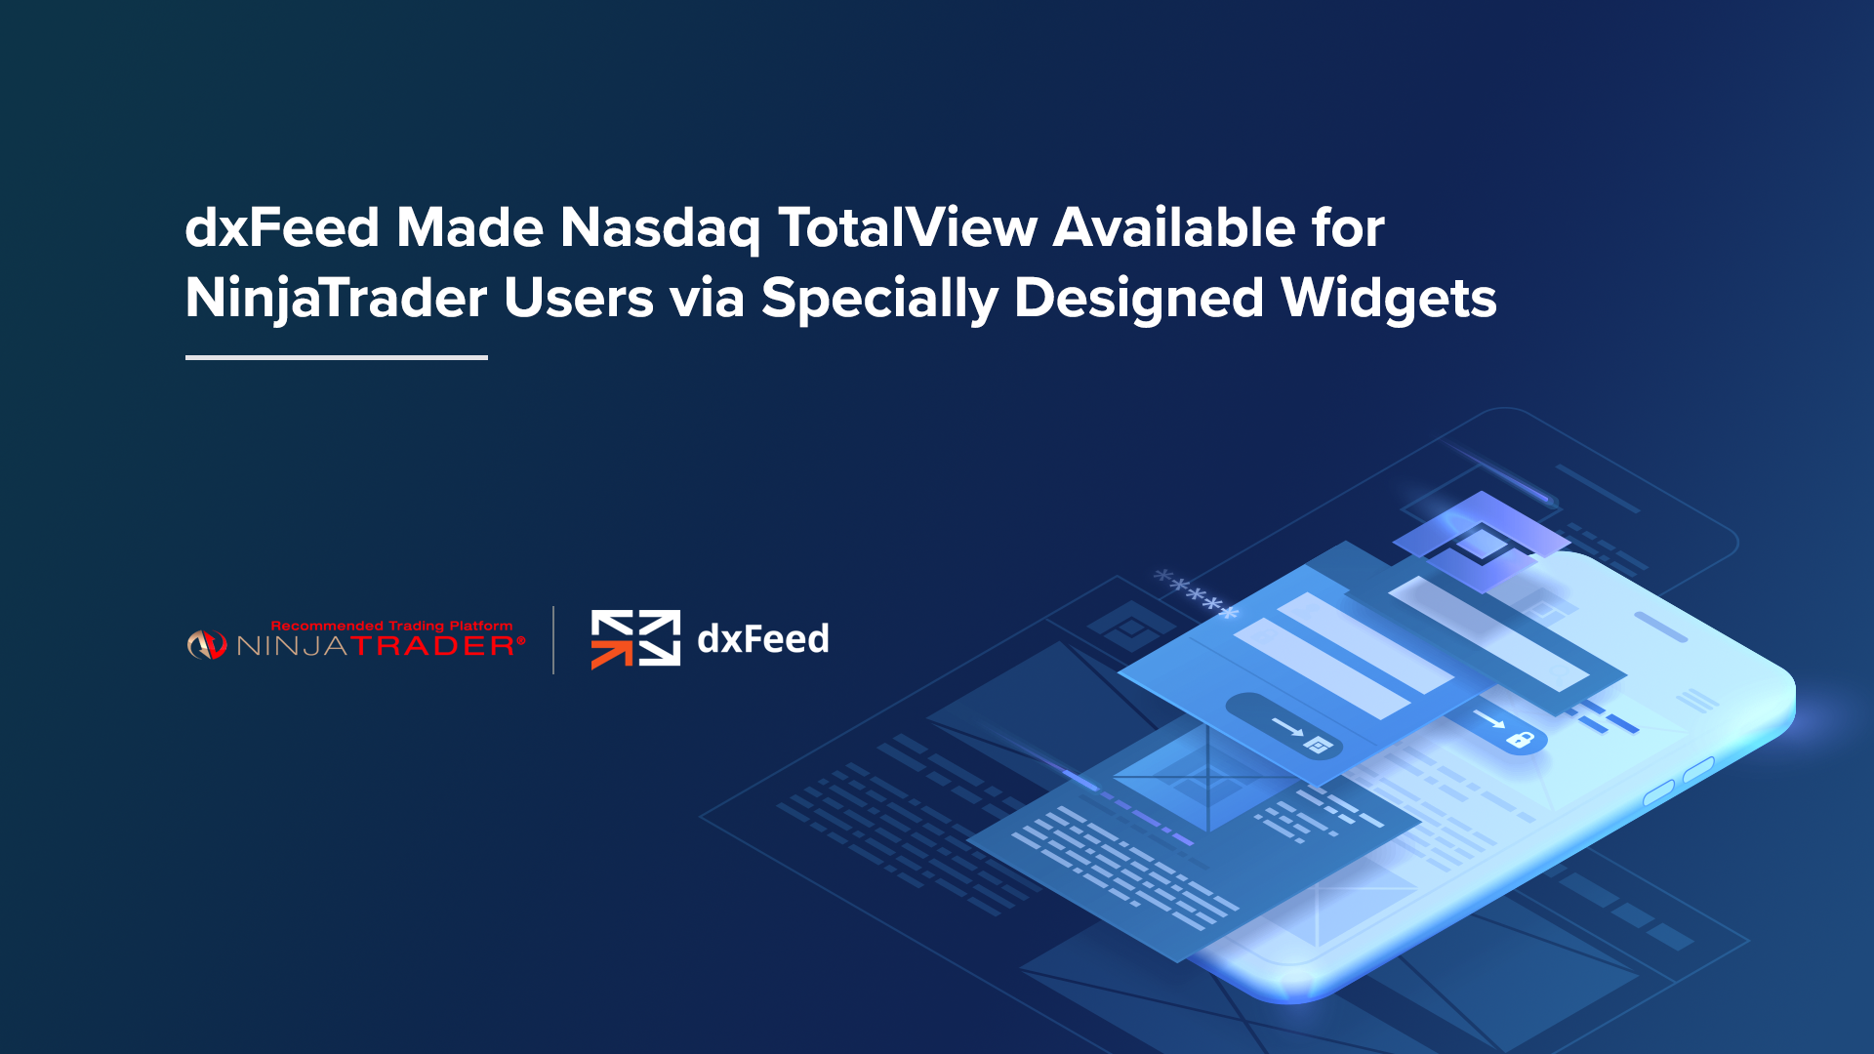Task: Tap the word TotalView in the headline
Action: coord(908,227)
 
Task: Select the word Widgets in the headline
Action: coord(1389,300)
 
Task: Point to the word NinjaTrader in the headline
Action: coord(336,300)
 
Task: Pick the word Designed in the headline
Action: coord(1139,300)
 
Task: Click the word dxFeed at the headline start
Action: coord(282,227)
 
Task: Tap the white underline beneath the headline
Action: coord(337,357)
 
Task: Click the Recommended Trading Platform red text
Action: coord(391,626)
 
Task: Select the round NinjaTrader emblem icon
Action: coord(206,645)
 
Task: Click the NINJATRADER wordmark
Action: coord(381,646)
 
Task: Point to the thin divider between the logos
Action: coord(553,640)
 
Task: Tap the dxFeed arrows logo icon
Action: coord(635,639)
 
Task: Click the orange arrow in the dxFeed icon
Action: coord(611,654)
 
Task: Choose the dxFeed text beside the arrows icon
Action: coord(763,639)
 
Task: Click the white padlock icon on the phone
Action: coord(1521,739)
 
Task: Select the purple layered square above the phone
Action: coord(1482,543)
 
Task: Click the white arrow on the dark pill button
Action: coord(1287,726)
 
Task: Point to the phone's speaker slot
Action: coord(1660,627)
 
